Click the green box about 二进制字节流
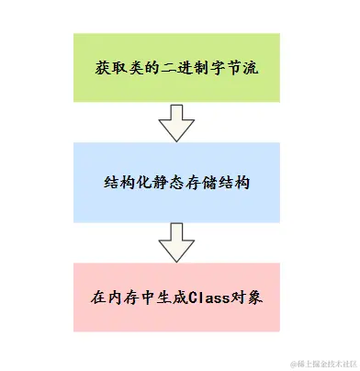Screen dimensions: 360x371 coord(178,67)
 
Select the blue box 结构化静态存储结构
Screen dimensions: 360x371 coord(178,182)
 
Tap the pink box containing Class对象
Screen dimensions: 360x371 coord(178,298)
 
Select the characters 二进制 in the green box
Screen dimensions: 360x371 coord(176,68)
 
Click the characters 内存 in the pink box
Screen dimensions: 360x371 coord(122,298)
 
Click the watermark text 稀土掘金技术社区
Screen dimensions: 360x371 coord(322,361)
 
